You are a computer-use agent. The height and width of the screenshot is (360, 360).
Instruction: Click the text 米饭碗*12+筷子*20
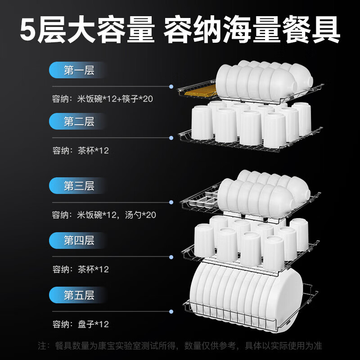(x=115, y=99)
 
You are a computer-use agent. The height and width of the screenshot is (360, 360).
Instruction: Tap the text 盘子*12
(x=92, y=324)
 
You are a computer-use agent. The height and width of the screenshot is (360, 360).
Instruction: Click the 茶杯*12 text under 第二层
(x=92, y=151)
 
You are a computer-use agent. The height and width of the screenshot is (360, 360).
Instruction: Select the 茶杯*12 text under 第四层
(x=92, y=269)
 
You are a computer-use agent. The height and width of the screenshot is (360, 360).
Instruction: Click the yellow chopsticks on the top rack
(x=198, y=93)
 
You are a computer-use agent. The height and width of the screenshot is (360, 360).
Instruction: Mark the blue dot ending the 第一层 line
(x=171, y=86)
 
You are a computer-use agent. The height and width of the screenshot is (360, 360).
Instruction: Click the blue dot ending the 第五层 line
(x=171, y=311)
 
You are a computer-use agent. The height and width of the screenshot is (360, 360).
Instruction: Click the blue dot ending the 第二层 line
(x=171, y=137)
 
